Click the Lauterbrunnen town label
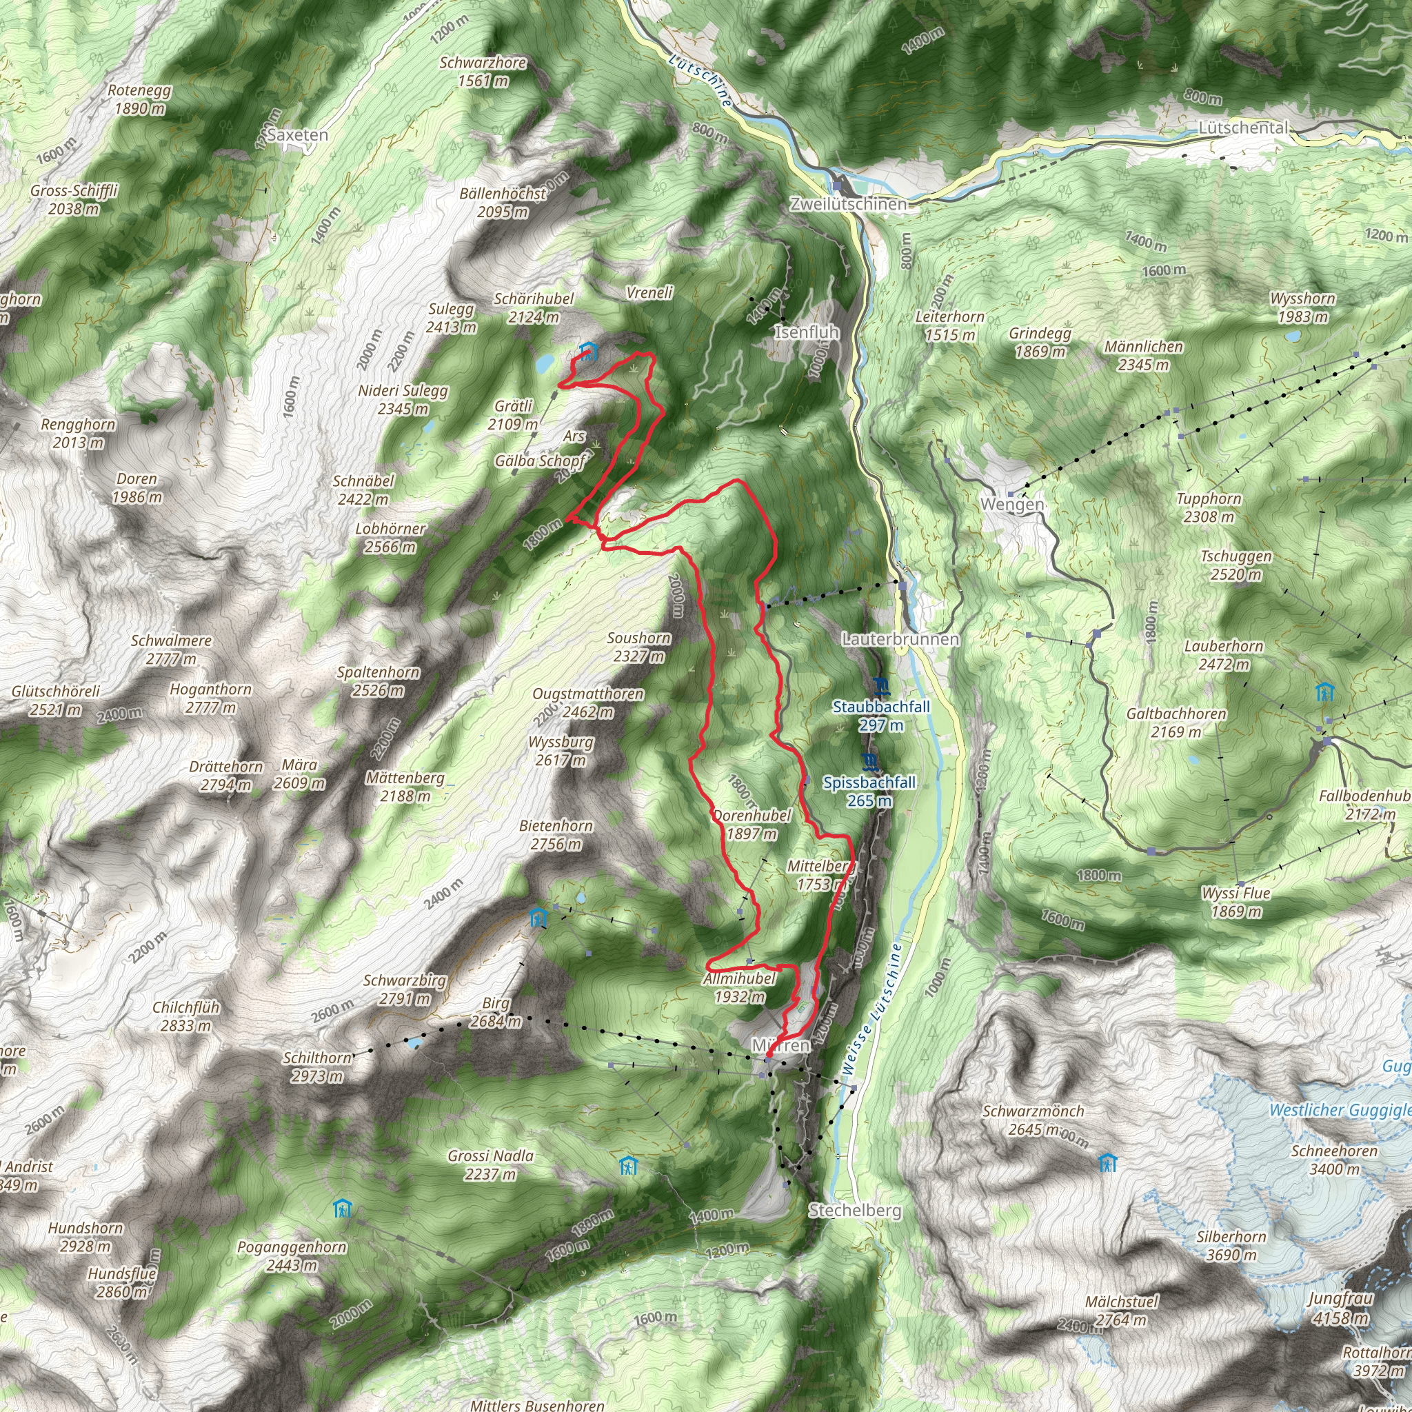(900, 638)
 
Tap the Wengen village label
(1011, 504)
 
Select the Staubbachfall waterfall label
(881, 716)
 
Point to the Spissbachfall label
(869, 791)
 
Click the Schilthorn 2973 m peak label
(317, 1067)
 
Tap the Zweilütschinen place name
(848, 205)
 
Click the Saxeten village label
(297, 135)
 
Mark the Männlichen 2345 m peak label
(1143, 355)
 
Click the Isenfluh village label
(807, 332)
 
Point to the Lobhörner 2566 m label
(390, 537)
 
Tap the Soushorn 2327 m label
(638, 647)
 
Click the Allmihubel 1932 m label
(740, 987)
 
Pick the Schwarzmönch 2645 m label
(1033, 1120)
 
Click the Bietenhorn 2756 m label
(556, 835)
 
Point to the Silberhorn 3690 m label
(1231, 1246)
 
